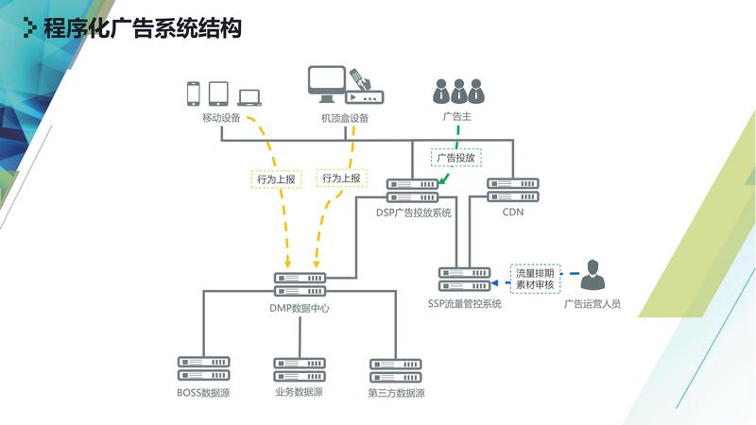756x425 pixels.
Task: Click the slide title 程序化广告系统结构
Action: (142, 28)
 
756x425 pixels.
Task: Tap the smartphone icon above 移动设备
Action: (194, 93)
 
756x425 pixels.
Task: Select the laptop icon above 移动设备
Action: (249, 96)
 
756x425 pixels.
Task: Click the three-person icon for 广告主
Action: (457, 91)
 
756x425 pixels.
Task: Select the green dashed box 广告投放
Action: (456, 158)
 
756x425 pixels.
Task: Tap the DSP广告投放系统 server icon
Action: (412, 190)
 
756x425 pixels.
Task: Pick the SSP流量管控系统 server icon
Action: (464, 279)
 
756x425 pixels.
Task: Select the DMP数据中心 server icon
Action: (299, 283)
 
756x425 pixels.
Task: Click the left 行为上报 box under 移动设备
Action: (275, 178)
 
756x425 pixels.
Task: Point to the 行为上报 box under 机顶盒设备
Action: (340, 178)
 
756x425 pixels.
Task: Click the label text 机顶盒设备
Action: (344, 118)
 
